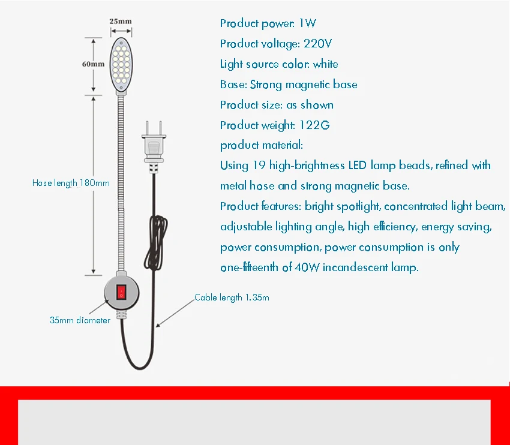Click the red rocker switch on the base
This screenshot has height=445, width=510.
(x=121, y=291)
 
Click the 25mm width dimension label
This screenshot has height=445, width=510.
(x=121, y=22)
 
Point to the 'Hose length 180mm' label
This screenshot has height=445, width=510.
(x=71, y=183)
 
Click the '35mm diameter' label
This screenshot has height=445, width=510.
(x=80, y=320)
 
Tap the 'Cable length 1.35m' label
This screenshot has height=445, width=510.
(x=232, y=297)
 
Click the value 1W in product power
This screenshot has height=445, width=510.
(x=307, y=23)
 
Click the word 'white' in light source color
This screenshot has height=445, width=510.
(x=325, y=64)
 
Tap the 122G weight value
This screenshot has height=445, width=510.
(x=314, y=125)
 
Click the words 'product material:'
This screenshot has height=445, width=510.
(x=262, y=145)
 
